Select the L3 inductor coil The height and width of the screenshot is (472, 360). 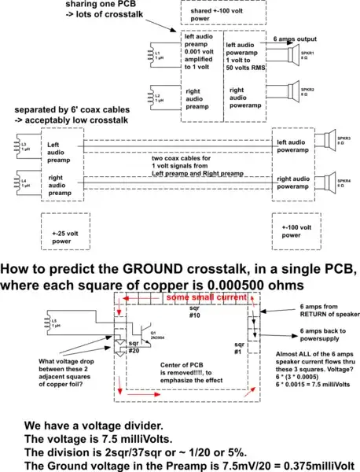[x=13, y=146]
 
